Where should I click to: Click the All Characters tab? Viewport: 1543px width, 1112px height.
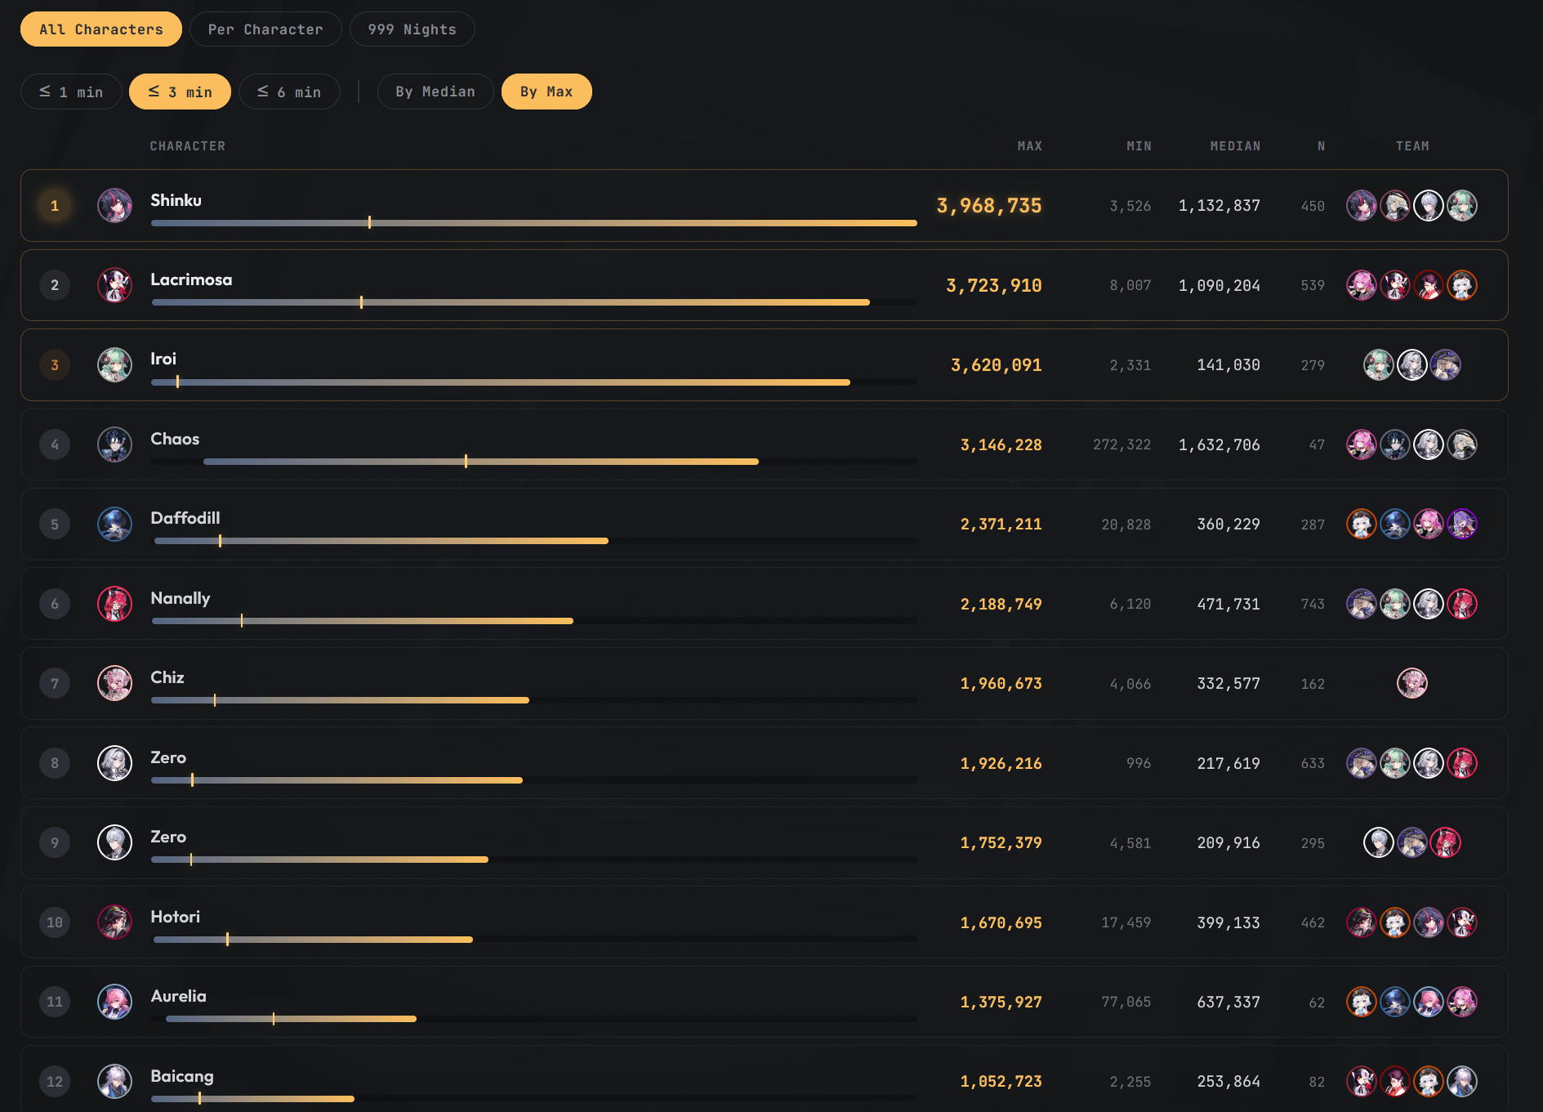101,29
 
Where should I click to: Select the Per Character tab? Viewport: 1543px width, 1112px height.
265,29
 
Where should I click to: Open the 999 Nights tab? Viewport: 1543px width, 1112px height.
412,29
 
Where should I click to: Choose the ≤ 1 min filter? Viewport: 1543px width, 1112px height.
71,92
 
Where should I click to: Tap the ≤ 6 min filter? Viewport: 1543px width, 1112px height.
289,92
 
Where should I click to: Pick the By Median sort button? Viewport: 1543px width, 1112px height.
435,92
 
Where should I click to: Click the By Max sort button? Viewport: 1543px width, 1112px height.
546,92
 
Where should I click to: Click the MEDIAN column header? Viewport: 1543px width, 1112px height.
1235,146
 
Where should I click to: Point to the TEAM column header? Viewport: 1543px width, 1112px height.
1412,146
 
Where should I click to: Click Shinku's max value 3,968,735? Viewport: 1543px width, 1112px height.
989,206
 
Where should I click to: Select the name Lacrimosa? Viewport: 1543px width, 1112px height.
191,279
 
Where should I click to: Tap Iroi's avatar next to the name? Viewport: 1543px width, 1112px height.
115,365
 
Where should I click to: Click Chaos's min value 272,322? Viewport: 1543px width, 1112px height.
1122,444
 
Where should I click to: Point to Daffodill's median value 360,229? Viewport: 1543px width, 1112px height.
1229,525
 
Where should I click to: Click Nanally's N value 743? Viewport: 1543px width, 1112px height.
1313,604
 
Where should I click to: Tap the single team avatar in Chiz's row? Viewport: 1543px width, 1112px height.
1412,683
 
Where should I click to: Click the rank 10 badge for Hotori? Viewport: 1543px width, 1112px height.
55,922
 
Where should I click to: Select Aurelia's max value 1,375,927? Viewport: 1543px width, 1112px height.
1001,1002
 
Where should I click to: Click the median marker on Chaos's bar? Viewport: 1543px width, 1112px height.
466,462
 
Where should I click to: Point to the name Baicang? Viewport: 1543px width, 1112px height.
182,1076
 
